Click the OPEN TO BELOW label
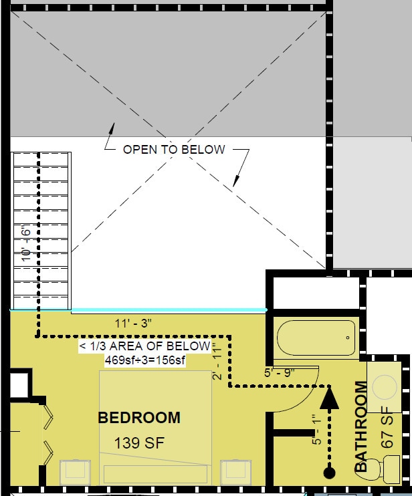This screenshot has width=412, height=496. click(x=174, y=150)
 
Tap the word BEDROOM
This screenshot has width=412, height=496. click(x=139, y=418)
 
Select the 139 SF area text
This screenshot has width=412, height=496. click(x=139, y=443)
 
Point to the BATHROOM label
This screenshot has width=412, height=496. click(x=360, y=426)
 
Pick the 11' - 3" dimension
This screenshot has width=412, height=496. click(x=133, y=324)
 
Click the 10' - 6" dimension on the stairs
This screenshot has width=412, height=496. click(x=26, y=243)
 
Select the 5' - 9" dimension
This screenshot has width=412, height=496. click(x=280, y=372)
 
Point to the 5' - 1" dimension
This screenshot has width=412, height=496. click(x=316, y=430)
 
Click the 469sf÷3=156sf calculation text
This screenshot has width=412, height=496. click(x=145, y=360)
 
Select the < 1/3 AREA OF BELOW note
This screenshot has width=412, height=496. click(x=145, y=346)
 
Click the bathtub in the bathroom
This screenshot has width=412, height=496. click(x=316, y=338)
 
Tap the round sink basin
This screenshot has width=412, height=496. click(x=385, y=387)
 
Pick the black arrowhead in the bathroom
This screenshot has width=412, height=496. click(x=330, y=398)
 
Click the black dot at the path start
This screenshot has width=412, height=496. click(x=330, y=473)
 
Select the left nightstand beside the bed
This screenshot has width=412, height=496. click(x=75, y=473)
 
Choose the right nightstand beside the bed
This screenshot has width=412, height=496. click(x=235, y=473)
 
